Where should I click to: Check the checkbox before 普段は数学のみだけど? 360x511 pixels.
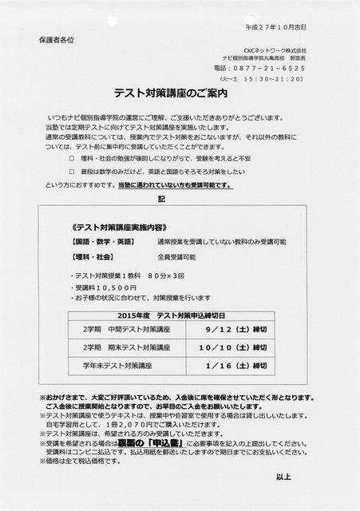tap(72, 172)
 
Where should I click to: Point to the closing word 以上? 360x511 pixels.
tap(283, 477)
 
